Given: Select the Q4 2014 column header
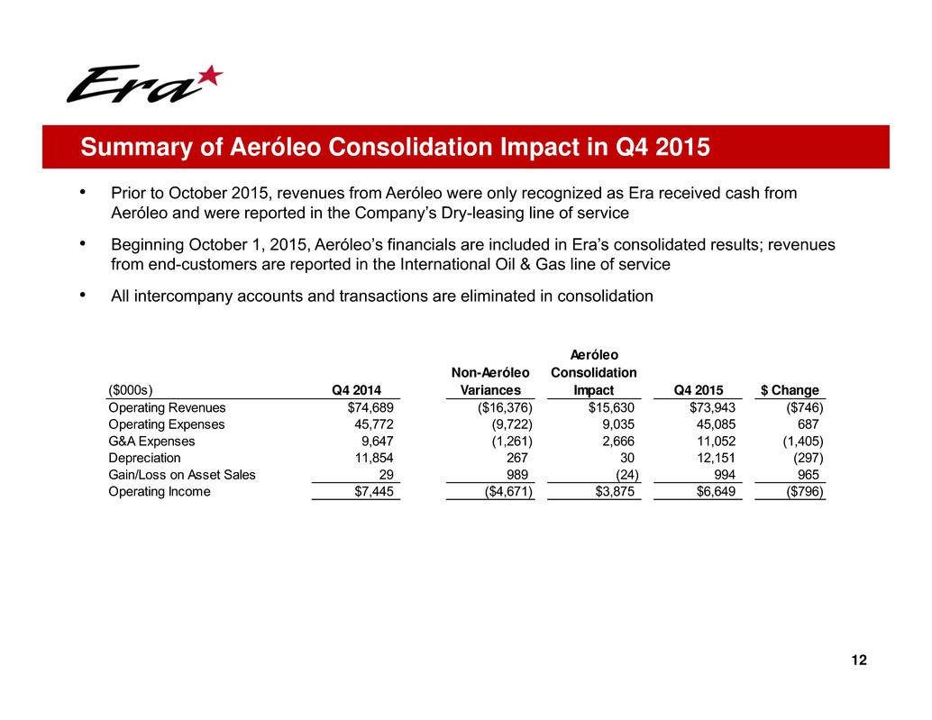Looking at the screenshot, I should point(356,390).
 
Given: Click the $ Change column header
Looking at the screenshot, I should point(790,390).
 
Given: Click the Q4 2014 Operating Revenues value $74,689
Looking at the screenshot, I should point(370,407).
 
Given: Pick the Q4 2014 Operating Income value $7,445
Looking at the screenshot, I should point(373,492).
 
